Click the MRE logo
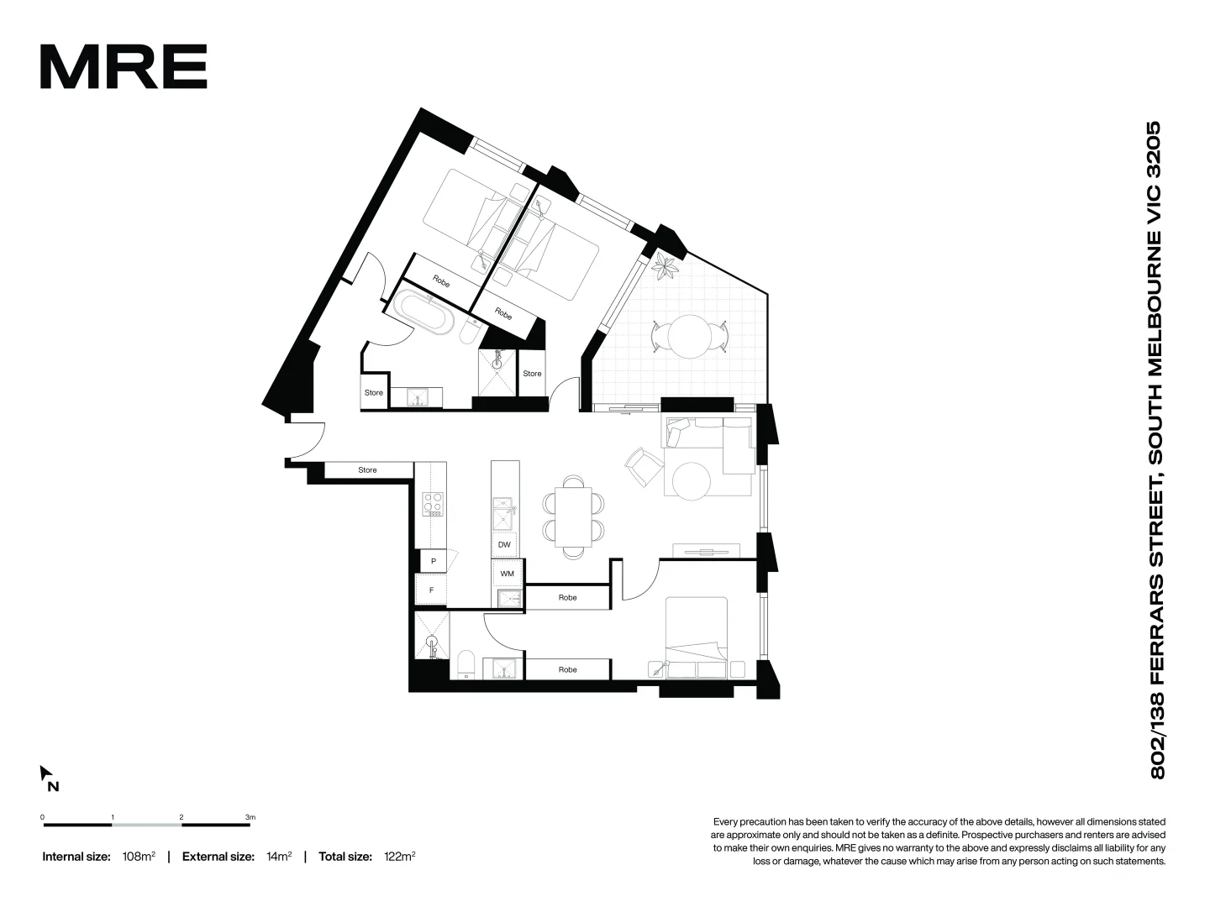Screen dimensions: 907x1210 124,67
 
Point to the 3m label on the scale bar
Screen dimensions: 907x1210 250,816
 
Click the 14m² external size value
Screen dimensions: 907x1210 278,857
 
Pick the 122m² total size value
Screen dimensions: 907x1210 399,857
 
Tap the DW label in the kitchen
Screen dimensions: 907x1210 504,545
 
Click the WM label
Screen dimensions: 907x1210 507,574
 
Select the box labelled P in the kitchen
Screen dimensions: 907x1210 433,560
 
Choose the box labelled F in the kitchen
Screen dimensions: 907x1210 432,590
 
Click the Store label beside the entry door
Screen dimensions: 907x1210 367,470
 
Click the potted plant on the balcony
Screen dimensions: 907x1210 667,267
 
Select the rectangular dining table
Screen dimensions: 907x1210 574,516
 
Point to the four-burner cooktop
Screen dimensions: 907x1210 433,504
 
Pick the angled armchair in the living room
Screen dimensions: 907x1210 643,464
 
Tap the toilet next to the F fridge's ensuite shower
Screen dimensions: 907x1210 466,663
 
